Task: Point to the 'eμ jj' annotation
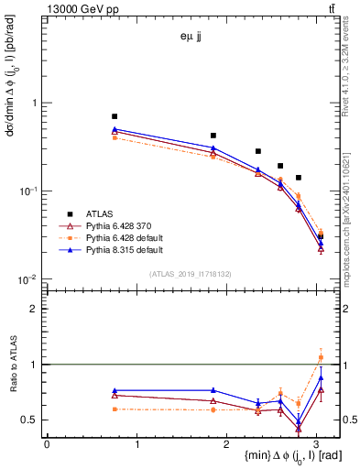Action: (x=192, y=38)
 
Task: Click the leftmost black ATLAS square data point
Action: (x=115, y=116)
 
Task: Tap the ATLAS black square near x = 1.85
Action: (x=213, y=135)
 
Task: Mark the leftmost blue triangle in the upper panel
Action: (x=115, y=130)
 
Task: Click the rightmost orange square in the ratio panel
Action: (x=321, y=357)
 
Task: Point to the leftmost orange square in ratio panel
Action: (x=115, y=409)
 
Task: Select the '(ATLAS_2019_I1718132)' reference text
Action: (x=192, y=274)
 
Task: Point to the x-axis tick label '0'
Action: (x=47, y=445)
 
